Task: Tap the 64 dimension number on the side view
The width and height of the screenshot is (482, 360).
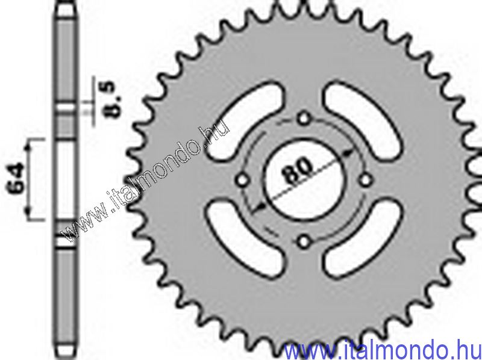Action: click(x=16, y=179)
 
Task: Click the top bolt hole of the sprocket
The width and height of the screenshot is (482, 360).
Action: click(x=304, y=119)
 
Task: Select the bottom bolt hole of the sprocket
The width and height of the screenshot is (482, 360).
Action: click(x=304, y=242)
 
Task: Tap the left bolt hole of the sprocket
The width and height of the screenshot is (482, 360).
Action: click(x=243, y=181)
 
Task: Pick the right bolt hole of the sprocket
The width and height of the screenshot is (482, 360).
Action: click(x=366, y=181)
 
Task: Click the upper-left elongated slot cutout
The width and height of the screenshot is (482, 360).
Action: click(x=245, y=120)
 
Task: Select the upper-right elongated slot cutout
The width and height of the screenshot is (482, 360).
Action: click(x=363, y=121)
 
